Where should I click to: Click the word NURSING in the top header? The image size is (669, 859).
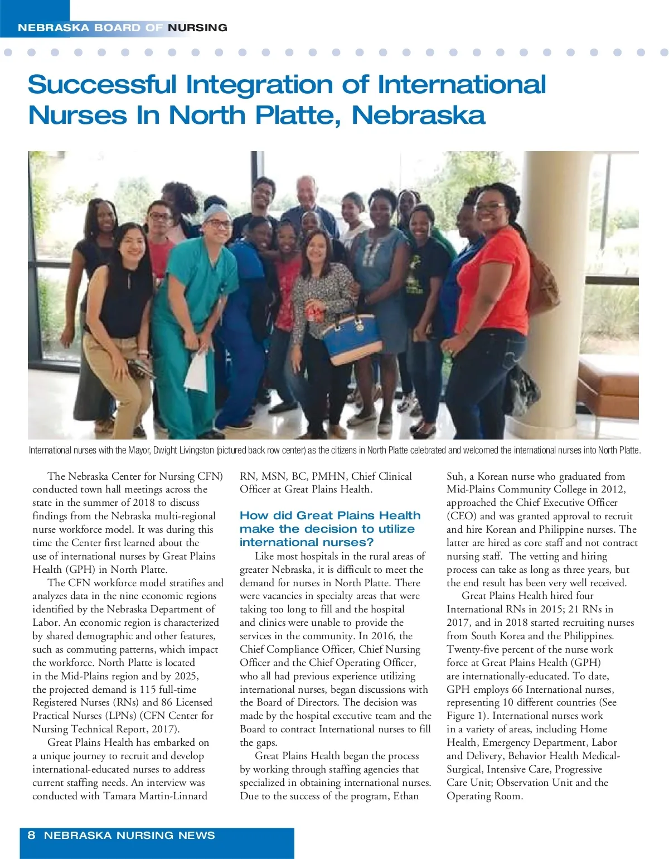pyautogui.click(x=197, y=28)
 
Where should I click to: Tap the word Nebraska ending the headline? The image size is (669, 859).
pyautogui.click(x=418, y=115)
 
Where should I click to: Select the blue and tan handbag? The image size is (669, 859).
pyautogui.click(x=351, y=338)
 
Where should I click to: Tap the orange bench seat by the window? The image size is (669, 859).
pyautogui.click(x=608, y=384)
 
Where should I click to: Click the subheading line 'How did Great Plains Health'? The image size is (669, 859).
pyautogui.click(x=330, y=515)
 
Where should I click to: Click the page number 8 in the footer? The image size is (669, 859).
pyautogui.click(x=31, y=835)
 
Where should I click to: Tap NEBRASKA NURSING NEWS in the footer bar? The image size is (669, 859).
pyautogui.click(x=129, y=835)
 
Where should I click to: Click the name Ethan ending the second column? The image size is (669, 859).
pyautogui.click(x=406, y=796)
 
